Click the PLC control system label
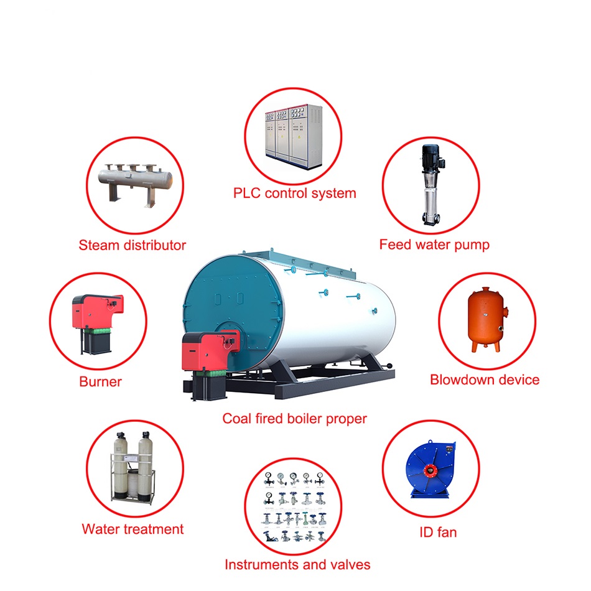[x=294, y=193]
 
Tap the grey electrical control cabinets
[x=294, y=136]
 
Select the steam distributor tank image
[x=135, y=184]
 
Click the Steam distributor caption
[x=133, y=245]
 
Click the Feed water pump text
[x=434, y=244]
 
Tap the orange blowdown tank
[x=486, y=320]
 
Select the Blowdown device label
[x=485, y=380]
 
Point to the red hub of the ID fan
[x=430, y=470]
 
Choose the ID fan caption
[x=438, y=533]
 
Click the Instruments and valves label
[x=297, y=565]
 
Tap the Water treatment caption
[x=133, y=529]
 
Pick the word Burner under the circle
[x=100, y=382]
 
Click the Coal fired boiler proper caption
[x=294, y=419]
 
